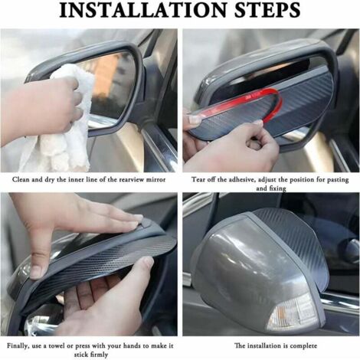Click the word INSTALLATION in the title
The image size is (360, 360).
143,10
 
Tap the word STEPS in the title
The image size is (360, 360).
267,10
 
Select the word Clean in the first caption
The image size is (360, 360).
21,179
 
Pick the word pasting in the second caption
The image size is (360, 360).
338,180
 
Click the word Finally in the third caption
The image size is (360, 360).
18,346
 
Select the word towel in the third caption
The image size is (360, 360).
56,346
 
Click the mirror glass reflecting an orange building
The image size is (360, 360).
113,87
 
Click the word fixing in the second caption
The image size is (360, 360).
278,188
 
